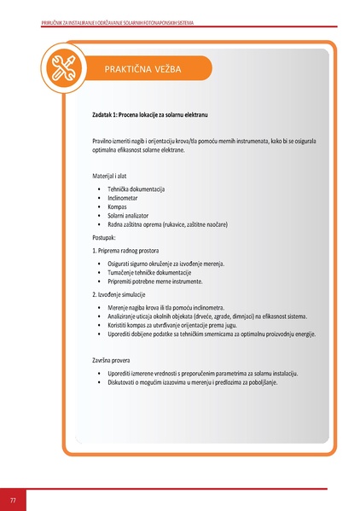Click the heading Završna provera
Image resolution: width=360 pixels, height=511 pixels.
coord(114,361)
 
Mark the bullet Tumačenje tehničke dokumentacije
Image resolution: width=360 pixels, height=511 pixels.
coord(160,272)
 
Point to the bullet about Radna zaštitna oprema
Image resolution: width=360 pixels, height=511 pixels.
coord(167,224)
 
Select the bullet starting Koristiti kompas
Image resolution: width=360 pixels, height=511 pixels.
coord(183,325)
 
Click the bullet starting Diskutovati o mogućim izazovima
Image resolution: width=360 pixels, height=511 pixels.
coord(193,382)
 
